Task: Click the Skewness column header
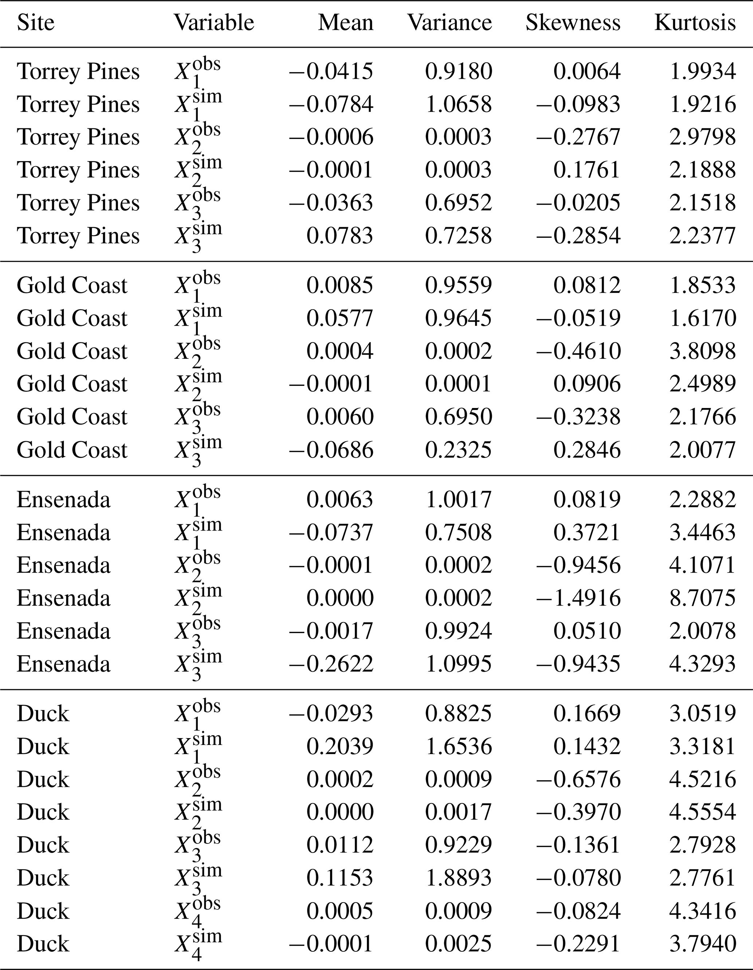tap(573, 23)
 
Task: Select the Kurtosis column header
tap(695, 23)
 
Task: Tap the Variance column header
tap(450, 23)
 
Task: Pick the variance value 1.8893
tap(458, 878)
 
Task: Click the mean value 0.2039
tap(340, 746)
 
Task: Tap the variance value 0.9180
tap(458, 71)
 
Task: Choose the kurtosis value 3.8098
tap(702, 351)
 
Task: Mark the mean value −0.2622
tap(331, 664)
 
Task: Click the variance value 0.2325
tap(458, 450)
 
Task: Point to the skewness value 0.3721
tap(587, 532)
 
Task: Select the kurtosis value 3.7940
tap(702, 944)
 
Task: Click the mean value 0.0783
tap(340, 236)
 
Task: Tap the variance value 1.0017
tap(458, 500)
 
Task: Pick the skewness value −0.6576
tap(578, 779)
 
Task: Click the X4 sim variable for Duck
tap(197, 944)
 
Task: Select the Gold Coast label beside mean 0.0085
tap(72, 286)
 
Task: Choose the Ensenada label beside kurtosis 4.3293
tap(63, 664)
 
